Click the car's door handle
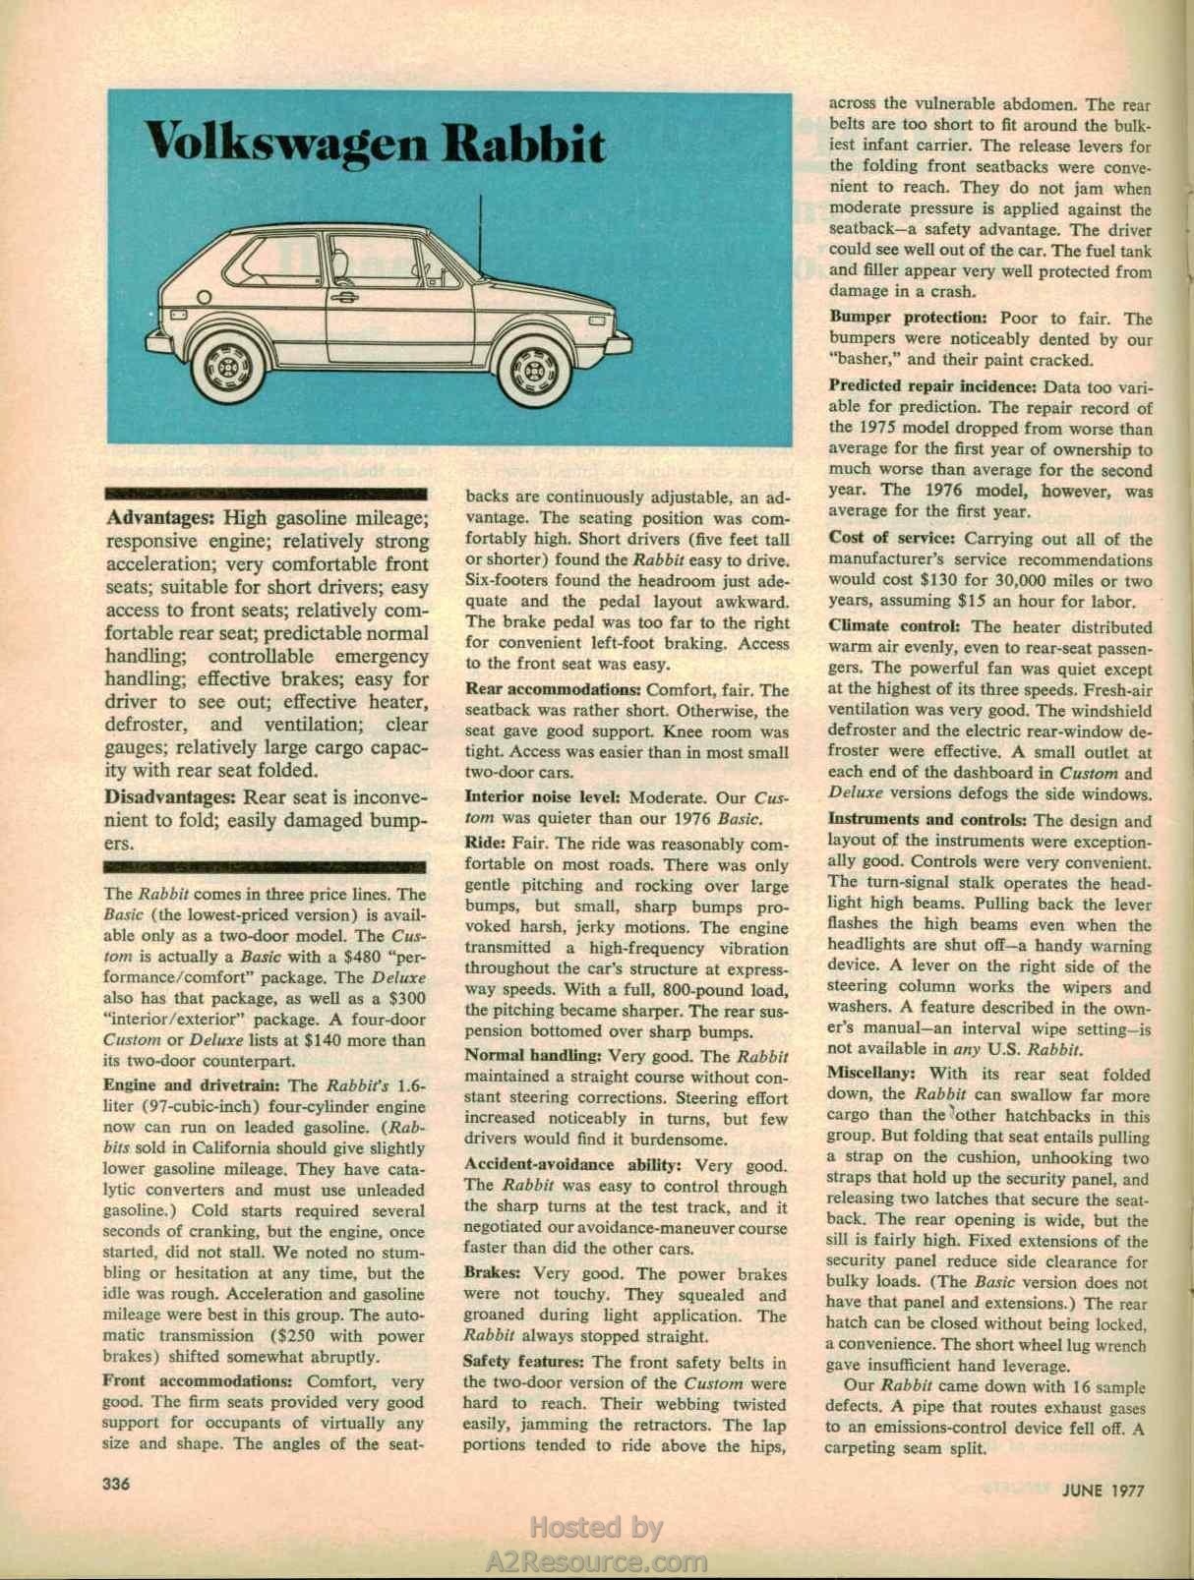[344, 297]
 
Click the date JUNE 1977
[1104, 1490]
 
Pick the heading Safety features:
[525, 1362]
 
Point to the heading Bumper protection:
[907, 319]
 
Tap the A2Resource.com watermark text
[597, 1560]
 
